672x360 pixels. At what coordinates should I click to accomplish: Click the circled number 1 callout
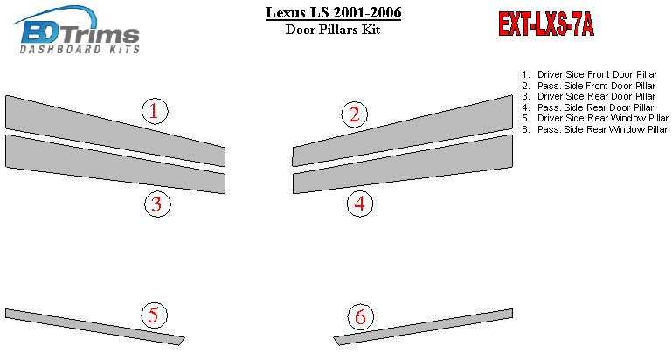click(x=155, y=111)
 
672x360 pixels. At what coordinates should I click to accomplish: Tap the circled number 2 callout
click(x=355, y=114)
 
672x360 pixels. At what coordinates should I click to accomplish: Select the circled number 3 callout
click(x=157, y=204)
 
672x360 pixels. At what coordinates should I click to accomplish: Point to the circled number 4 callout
click(x=360, y=204)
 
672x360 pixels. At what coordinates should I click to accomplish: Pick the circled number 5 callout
click(x=155, y=315)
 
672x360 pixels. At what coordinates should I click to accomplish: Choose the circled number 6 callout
click(x=360, y=316)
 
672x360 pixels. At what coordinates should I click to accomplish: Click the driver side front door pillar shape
click(x=115, y=130)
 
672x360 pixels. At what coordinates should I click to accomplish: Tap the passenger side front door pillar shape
click(x=403, y=130)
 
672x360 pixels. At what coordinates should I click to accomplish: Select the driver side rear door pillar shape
click(x=115, y=164)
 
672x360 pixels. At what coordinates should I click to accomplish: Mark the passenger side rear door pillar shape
click(x=403, y=164)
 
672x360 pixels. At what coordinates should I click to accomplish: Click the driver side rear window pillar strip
click(x=95, y=327)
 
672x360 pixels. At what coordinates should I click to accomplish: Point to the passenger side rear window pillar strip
click(x=423, y=327)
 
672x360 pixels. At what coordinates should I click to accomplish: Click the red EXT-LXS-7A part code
click(x=546, y=24)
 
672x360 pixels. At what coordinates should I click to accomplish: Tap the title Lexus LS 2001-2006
click(x=334, y=12)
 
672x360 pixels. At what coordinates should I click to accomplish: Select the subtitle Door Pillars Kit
click(x=333, y=30)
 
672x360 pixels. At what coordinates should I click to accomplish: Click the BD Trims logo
click(x=77, y=30)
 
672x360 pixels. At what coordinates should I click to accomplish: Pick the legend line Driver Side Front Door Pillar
click(x=589, y=74)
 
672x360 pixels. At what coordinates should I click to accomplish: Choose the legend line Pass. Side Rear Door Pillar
click(x=587, y=107)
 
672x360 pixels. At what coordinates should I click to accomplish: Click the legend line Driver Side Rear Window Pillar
click(x=595, y=118)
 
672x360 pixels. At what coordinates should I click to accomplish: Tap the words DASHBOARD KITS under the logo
click(x=80, y=49)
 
